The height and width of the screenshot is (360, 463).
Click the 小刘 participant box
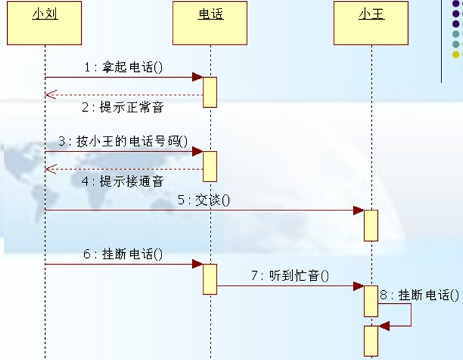pos(44,23)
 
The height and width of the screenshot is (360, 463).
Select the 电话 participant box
pos(210,23)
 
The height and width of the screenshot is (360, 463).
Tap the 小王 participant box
pos(371,23)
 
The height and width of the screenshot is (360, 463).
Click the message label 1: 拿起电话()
pos(124,67)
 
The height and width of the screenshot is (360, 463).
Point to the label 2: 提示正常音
pos(122,106)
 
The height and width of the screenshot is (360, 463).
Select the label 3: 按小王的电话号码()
pos(123,141)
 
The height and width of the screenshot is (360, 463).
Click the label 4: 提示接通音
pos(122,181)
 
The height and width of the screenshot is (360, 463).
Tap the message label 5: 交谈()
pos(204,200)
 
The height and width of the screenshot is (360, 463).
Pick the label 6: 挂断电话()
pos(123,254)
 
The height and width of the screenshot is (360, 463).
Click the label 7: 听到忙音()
pos(290,276)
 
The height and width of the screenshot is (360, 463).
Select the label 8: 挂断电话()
pos(419,295)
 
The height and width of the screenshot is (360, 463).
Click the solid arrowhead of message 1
pos(197,77)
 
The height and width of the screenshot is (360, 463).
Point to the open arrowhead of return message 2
pos(51,95)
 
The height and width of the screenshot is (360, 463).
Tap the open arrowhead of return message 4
pos(51,169)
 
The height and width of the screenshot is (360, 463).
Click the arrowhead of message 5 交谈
pos(359,210)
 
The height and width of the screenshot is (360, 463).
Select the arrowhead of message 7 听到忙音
pos(359,286)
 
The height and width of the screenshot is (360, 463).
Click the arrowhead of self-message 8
pos(384,326)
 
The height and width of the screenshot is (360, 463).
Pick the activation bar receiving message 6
pos(210,279)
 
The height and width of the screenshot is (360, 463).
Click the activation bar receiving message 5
pos(371,226)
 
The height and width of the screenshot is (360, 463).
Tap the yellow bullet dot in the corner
pos(456,55)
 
